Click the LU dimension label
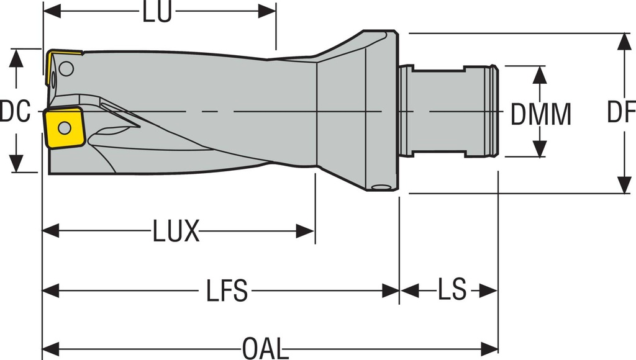coord(157,12)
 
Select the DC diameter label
coord(15,112)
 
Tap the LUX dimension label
coord(176,232)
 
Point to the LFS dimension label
coord(227,290)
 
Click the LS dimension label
coord(452,290)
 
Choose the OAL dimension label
coord(265,348)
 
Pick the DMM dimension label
coord(540,114)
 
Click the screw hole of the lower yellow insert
coord(64,128)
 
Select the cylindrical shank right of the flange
coord(447,112)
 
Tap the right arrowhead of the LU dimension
coord(268,11)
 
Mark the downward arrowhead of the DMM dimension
coord(540,149)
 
